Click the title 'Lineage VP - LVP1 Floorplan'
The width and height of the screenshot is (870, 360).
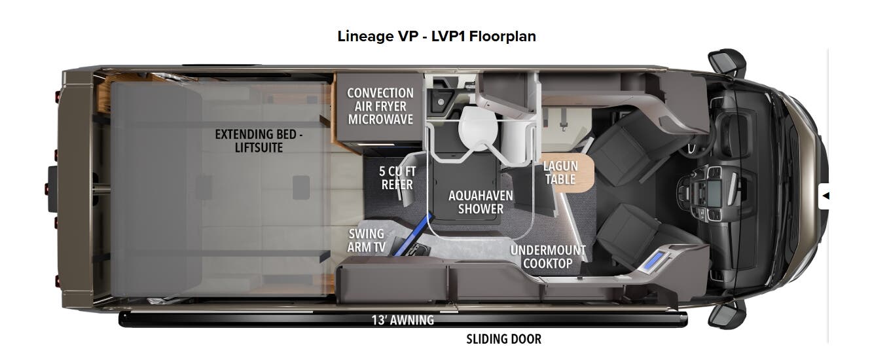click(x=436, y=36)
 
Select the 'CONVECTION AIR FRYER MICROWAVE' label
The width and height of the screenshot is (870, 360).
click(x=380, y=106)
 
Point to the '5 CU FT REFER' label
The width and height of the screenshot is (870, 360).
click(x=397, y=177)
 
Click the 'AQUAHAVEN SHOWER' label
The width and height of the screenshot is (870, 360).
click(x=480, y=202)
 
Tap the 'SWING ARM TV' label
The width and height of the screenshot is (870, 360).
click(x=367, y=240)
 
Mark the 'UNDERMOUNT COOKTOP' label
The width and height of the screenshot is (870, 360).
click(x=548, y=257)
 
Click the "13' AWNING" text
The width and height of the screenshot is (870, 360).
click(x=403, y=320)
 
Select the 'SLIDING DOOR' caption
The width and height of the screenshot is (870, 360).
click(x=503, y=339)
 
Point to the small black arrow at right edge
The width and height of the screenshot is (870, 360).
click(x=825, y=195)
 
